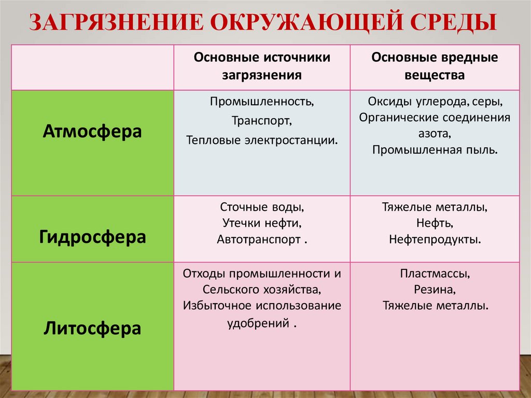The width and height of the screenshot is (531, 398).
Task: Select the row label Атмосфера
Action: pyautogui.click(x=92, y=131)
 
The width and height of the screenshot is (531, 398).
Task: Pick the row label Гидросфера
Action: pyautogui.click(x=92, y=237)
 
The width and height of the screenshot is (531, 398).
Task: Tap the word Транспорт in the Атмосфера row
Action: pyautogui.click(x=262, y=120)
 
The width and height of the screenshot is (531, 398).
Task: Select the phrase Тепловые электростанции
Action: pyautogui.click(x=262, y=140)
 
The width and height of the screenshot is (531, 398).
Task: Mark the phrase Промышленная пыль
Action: pyautogui.click(x=435, y=150)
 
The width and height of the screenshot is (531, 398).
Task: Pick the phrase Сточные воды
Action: pyautogui.click(x=262, y=207)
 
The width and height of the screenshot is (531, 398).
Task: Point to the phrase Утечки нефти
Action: pyautogui.click(x=262, y=224)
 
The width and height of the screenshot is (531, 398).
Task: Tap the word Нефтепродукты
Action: pyautogui.click(x=435, y=240)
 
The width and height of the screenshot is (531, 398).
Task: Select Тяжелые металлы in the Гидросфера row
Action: pyautogui.click(x=435, y=207)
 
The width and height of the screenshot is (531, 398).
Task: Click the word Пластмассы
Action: pyautogui.click(x=435, y=272)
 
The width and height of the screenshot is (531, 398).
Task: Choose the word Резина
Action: pyautogui.click(x=435, y=289)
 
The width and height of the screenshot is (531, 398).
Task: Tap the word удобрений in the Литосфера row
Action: pyautogui.click(x=258, y=322)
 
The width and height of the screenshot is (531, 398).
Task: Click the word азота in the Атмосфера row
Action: pyautogui.click(x=435, y=133)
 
